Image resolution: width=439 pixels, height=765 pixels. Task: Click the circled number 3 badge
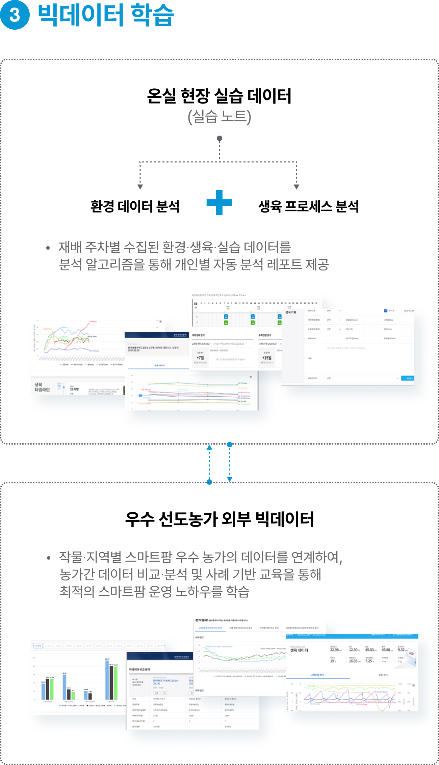(15, 15)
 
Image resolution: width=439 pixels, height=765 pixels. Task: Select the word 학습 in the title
(152, 16)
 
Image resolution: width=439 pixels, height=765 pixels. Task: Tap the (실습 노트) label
(219, 117)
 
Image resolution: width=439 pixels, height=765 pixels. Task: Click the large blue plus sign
(219, 202)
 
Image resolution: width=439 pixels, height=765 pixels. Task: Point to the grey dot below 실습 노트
(219, 138)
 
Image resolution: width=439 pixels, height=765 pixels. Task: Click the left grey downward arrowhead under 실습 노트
(140, 187)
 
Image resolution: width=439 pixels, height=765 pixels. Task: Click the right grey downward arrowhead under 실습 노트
(296, 187)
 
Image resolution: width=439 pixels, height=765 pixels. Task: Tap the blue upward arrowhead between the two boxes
(209, 447)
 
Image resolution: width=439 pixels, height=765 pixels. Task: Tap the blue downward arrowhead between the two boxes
(230, 479)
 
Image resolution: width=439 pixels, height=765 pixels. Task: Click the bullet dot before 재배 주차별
(48, 248)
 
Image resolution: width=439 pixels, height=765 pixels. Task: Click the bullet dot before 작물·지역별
(49, 558)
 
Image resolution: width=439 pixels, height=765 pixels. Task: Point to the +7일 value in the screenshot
(200, 358)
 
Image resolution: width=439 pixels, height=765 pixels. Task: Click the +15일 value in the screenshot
(267, 358)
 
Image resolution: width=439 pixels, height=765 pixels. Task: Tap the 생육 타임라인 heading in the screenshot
(42, 387)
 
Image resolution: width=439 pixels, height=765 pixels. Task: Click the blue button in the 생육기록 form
(408, 378)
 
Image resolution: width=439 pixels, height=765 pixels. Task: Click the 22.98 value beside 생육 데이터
(335, 650)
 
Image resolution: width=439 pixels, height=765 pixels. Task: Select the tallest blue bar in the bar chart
(107, 680)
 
